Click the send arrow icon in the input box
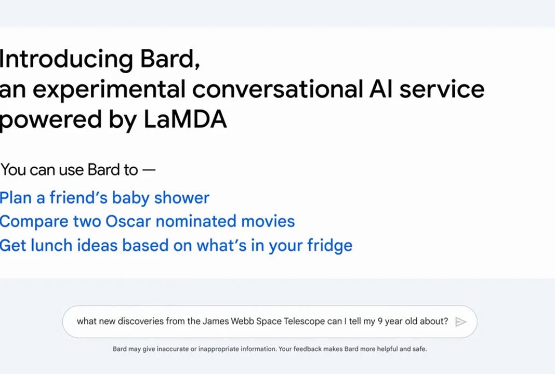click(460, 322)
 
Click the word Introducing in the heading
click(66, 59)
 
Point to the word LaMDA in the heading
click(185, 119)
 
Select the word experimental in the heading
click(109, 89)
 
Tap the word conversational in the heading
click(278, 89)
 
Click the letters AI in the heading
click(381, 89)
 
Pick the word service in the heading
click(442, 89)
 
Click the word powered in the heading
click(50, 119)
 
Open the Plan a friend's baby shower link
click(104, 198)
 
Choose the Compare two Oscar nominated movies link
click(147, 221)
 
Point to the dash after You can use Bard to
click(149, 170)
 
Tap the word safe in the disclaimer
click(419, 349)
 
